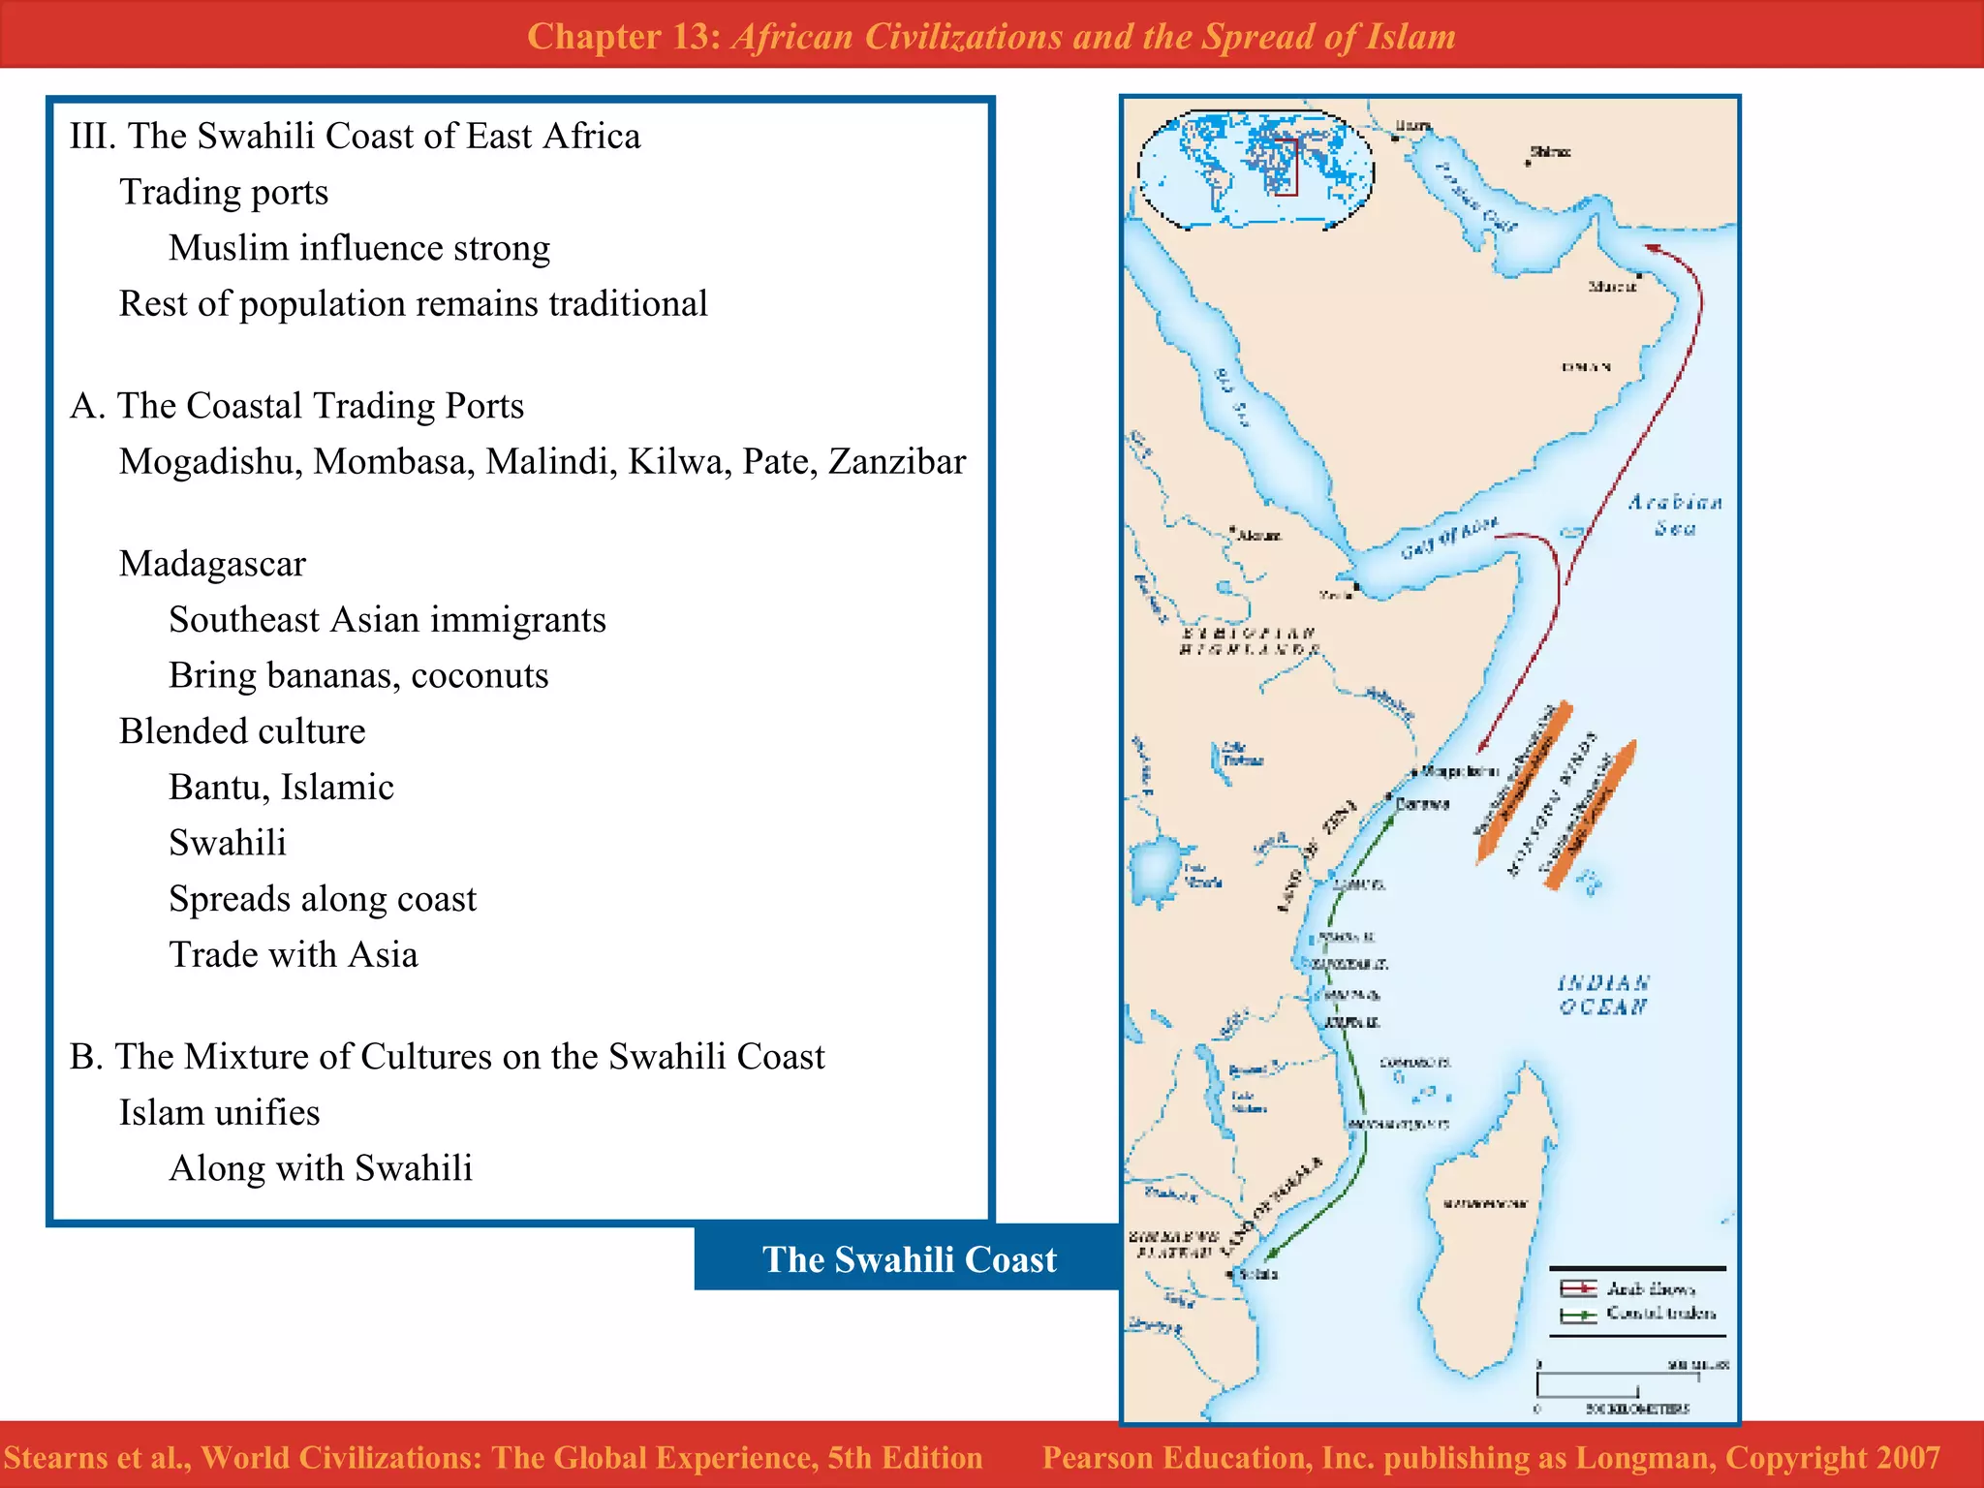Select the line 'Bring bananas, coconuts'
(358, 675)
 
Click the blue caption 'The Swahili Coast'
(909, 1259)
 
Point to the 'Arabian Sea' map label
(1675, 514)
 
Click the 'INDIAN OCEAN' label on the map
(1603, 995)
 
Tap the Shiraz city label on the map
(1550, 152)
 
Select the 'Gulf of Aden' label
(1449, 539)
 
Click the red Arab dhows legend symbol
(1578, 1288)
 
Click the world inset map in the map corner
(1255, 170)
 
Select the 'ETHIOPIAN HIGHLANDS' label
(1250, 641)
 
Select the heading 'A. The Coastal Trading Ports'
(296, 406)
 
